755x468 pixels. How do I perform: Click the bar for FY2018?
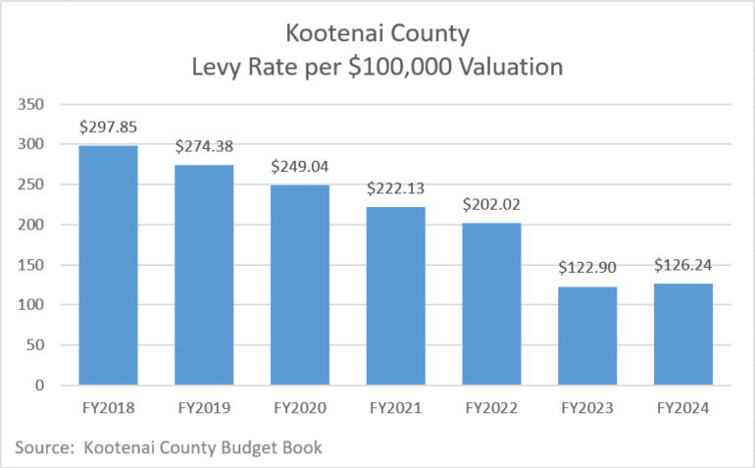click(108, 265)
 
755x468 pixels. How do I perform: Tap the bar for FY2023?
click(588, 336)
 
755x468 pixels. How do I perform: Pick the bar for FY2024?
click(684, 335)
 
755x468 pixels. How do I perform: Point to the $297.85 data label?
click(108, 127)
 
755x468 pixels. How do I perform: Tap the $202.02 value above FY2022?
click(492, 204)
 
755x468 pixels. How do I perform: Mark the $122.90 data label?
click(588, 268)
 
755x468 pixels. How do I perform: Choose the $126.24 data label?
click(684, 265)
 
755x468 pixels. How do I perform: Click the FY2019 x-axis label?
click(204, 407)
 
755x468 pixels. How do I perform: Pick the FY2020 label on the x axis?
click(300, 407)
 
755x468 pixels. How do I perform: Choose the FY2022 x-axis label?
click(492, 407)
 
